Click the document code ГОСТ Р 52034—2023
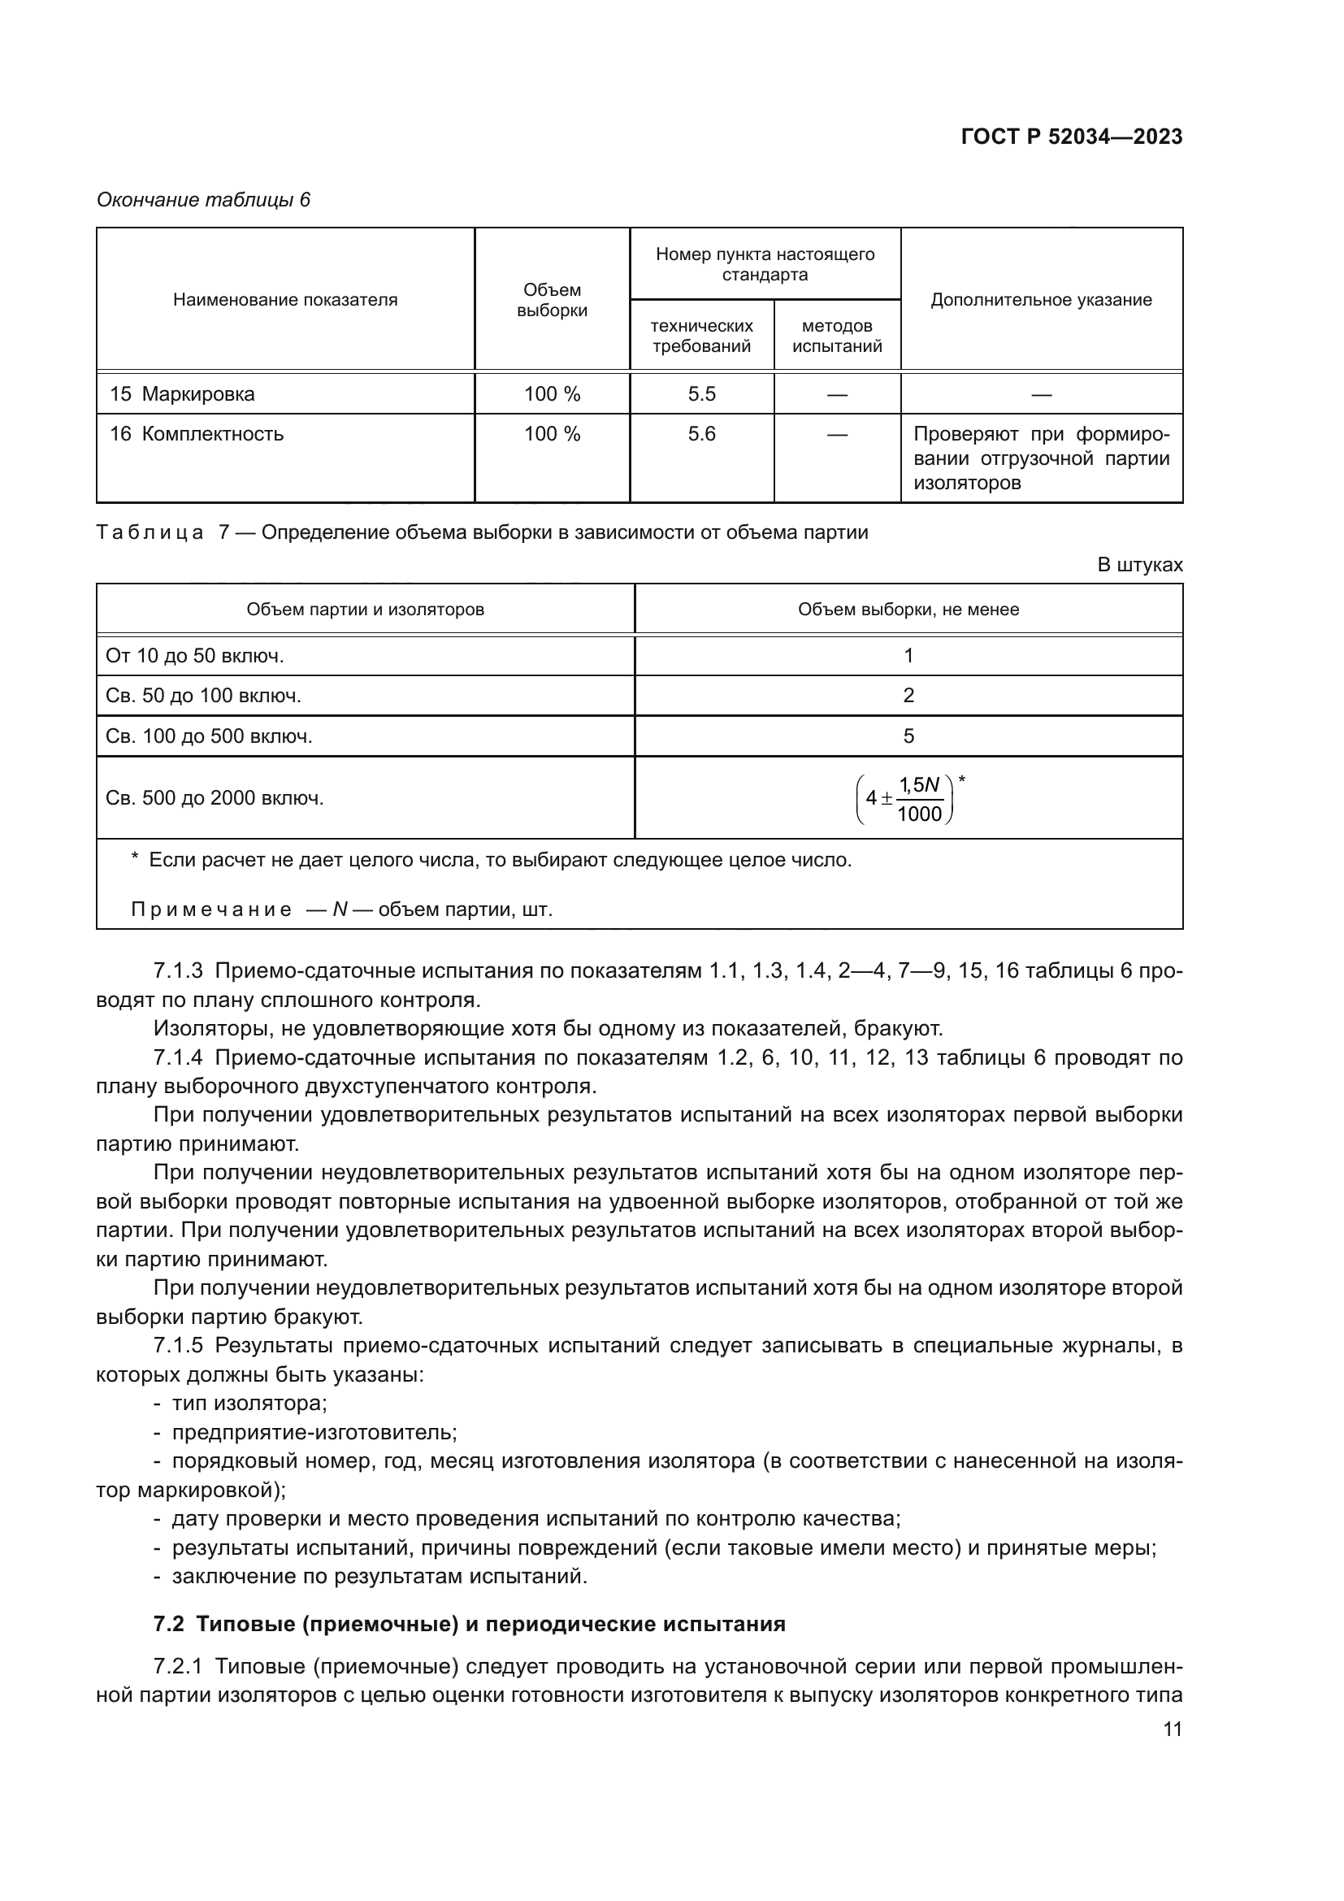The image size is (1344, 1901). [x=1071, y=137]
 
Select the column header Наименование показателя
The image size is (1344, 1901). [x=284, y=300]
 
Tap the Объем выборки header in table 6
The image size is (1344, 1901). [x=551, y=300]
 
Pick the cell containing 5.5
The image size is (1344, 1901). [x=701, y=394]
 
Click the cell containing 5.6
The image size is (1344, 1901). [x=701, y=434]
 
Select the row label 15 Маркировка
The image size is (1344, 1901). [x=182, y=394]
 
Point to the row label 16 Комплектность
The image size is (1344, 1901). [x=196, y=434]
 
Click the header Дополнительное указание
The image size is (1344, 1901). [x=1040, y=300]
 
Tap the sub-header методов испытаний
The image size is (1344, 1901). [x=837, y=336]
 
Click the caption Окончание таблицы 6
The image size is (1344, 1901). [x=204, y=200]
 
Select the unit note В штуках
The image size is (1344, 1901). [x=1138, y=565]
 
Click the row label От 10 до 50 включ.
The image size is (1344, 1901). [x=194, y=656]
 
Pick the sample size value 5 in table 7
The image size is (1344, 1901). [x=908, y=736]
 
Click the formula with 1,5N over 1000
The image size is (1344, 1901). [x=908, y=798]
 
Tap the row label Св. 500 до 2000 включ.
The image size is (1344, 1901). [x=215, y=798]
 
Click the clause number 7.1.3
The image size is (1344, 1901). [x=178, y=970]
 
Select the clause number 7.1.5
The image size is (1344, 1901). [x=178, y=1345]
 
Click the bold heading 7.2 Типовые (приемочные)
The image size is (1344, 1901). [x=469, y=1624]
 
